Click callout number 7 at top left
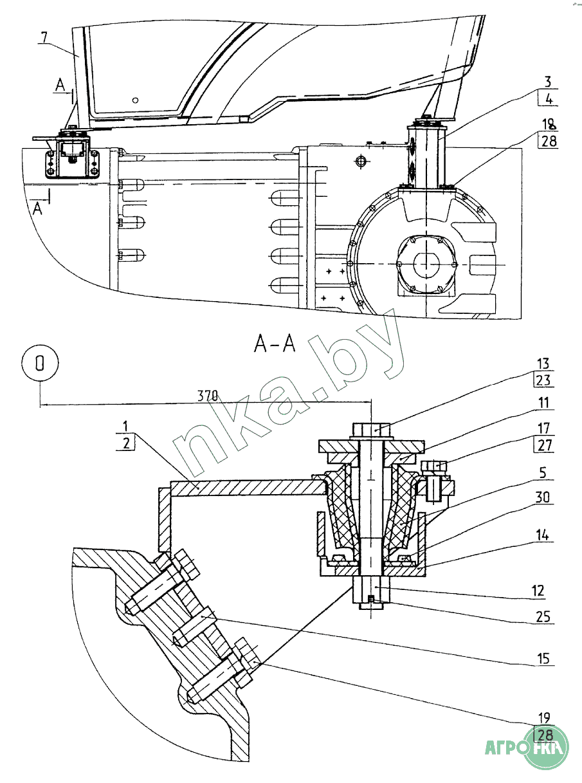pyautogui.click(x=43, y=36)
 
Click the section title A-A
pyautogui.click(x=275, y=345)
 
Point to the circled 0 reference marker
pyautogui.click(x=40, y=364)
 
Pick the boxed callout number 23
pyautogui.click(x=543, y=380)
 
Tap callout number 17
pyautogui.click(x=543, y=428)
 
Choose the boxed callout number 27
pyautogui.click(x=543, y=445)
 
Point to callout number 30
pyautogui.click(x=543, y=497)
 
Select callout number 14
pyautogui.click(x=543, y=533)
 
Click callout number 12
pyautogui.click(x=539, y=591)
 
